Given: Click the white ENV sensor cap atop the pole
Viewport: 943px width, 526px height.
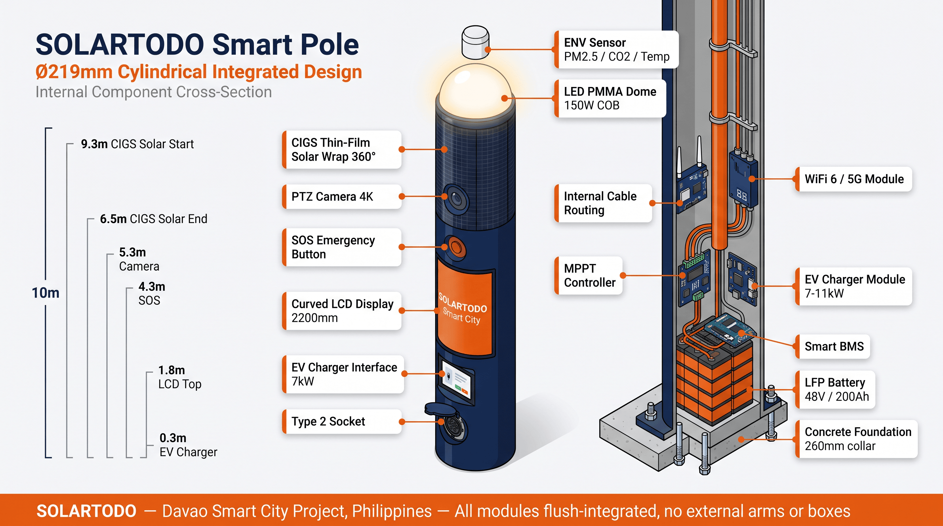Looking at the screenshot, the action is [x=475, y=42].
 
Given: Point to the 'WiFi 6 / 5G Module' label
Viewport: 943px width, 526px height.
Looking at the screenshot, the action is [x=854, y=179].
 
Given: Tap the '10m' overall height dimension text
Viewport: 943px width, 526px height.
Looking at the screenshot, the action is [x=45, y=293].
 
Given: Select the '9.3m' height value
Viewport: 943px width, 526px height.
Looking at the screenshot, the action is [x=94, y=144].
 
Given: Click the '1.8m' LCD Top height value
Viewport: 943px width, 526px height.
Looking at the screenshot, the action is [x=171, y=370].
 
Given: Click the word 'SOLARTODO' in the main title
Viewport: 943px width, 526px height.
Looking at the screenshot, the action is [x=120, y=45].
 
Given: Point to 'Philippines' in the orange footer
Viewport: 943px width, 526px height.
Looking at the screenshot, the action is [x=392, y=511].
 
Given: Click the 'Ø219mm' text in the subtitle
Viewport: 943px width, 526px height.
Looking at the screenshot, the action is [x=74, y=72].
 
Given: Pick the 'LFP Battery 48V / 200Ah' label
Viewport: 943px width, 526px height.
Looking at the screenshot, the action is [x=836, y=390].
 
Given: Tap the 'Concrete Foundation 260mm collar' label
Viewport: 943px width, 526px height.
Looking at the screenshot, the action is [x=857, y=439].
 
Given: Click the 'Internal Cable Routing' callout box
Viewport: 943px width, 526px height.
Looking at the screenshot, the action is [x=604, y=203].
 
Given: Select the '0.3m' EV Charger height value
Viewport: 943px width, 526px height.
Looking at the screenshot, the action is [x=173, y=438].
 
